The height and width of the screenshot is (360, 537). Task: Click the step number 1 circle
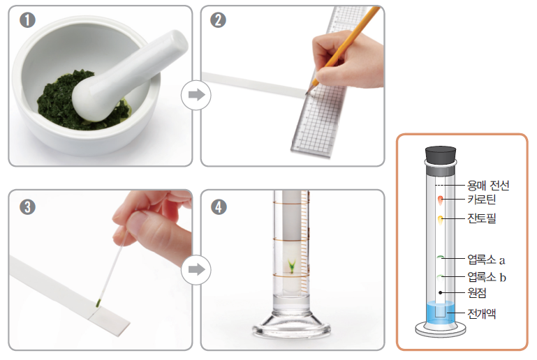coord(27,20)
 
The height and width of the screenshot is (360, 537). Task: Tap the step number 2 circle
coord(218,20)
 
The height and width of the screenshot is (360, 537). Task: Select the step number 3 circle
coord(27,207)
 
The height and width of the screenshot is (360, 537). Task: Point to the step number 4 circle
coord(219,207)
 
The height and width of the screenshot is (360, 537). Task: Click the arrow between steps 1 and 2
coord(196,95)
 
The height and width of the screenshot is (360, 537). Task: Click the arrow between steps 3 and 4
coord(196,269)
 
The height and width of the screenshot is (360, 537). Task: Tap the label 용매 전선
coord(488,186)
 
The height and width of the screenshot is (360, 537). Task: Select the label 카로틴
coord(482,199)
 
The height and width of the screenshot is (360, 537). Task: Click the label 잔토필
coord(482,218)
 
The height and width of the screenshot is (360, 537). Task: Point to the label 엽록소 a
coord(486,260)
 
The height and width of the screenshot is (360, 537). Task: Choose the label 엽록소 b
coord(487,276)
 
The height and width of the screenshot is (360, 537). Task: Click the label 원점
coord(477,292)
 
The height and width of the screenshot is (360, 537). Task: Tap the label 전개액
coord(482,313)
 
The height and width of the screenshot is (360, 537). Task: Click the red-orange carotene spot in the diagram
coord(440,200)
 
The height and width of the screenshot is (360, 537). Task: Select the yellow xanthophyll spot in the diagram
coord(441,219)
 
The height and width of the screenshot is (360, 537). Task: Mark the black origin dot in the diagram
coord(441,292)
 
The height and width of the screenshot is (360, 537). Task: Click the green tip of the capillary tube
coord(98,303)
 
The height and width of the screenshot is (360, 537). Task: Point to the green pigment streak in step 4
coord(291,267)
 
